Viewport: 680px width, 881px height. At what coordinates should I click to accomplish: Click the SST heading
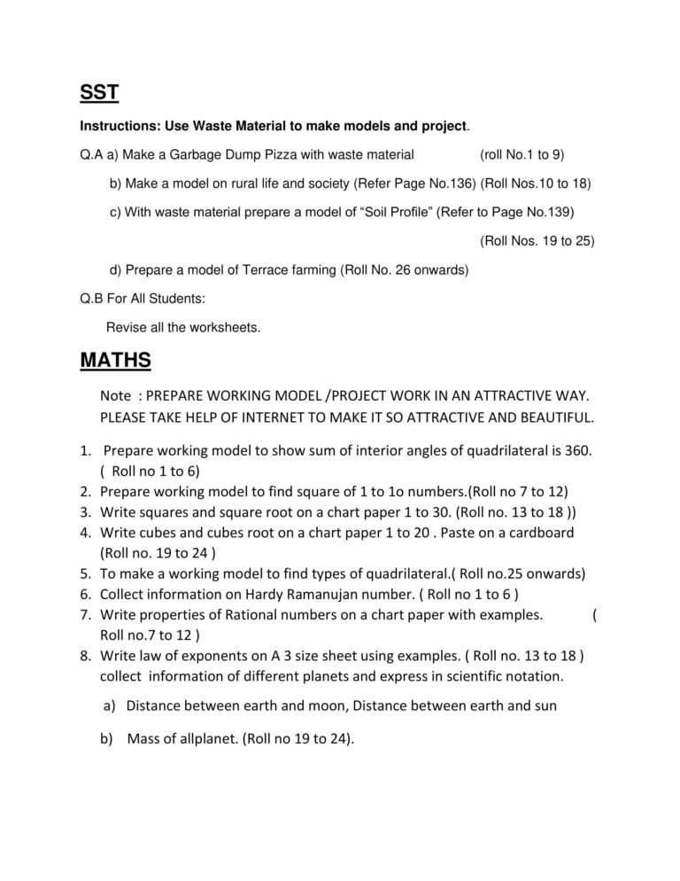click(x=99, y=93)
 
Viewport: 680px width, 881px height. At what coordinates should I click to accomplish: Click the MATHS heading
click(x=115, y=361)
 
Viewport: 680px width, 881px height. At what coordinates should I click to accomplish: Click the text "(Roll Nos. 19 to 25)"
click(x=537, y=240)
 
